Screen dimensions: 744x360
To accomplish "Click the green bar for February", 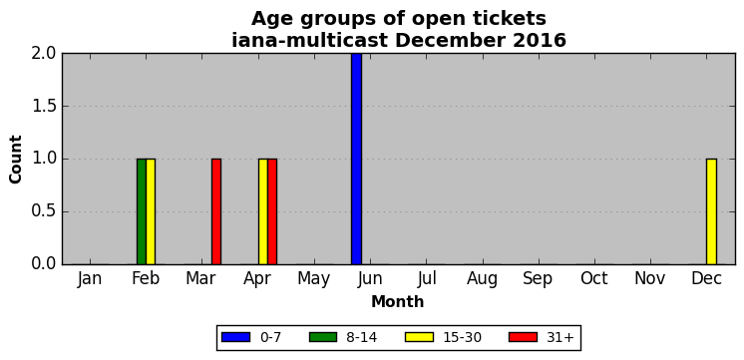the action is pos(142,211).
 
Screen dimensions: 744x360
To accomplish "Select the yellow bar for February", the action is pos(151,211).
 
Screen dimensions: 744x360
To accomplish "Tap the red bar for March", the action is pos(215,211).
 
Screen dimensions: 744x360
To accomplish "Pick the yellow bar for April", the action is pos(263,211).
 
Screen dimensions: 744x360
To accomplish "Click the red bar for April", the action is pos(272,211).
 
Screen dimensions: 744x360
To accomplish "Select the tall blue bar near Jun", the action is pos(356,159).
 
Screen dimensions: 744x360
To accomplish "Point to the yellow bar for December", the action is pos(711,211).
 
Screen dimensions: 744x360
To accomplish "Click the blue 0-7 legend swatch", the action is pos(235,337).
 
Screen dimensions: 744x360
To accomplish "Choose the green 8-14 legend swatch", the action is pos(323,337).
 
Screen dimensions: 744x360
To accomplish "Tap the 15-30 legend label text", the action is pos(462,338).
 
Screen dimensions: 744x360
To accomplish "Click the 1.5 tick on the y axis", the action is pos(44,107).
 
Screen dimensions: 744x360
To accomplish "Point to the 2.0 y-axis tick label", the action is pos(44,54).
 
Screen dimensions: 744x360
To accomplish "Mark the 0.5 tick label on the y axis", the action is pos(44,211).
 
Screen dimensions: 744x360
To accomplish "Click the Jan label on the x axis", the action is pos(89,278).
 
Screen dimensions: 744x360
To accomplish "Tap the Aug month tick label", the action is pos(482,279).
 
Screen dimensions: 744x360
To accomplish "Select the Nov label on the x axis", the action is pos(650,278).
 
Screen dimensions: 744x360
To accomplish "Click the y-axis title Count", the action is pos(16,159).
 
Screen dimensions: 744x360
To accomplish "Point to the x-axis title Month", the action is pos(398,301).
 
